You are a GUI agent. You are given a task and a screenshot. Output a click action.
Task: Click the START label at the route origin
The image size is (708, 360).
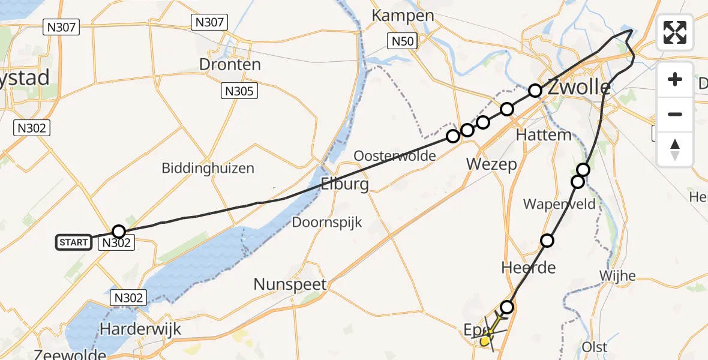pos(74,242)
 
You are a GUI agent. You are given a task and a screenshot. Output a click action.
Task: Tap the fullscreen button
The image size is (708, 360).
pos(675,32)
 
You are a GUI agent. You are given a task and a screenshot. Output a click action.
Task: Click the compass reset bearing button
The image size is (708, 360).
pos(675,149)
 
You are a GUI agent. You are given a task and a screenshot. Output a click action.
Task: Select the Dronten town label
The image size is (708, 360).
pos(231,65)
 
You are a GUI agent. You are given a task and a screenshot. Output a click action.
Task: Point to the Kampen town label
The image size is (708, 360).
pos(403,15)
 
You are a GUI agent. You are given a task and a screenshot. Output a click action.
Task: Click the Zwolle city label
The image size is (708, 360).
pos(578,88)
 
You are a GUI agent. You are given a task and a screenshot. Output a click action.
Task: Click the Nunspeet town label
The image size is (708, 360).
pos(290,284)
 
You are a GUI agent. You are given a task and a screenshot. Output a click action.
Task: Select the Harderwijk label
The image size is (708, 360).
pos(140,329)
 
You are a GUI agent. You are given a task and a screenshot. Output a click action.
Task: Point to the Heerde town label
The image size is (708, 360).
pos(528,268)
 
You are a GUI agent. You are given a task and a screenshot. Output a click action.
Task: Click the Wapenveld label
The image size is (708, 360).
pos(559,204)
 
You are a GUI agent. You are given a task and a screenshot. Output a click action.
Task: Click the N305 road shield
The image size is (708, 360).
pos(239,91)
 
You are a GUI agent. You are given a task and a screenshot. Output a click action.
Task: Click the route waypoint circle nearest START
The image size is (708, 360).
pos(119,232)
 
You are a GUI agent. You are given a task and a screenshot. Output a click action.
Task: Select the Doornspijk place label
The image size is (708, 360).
pos(326,223)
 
